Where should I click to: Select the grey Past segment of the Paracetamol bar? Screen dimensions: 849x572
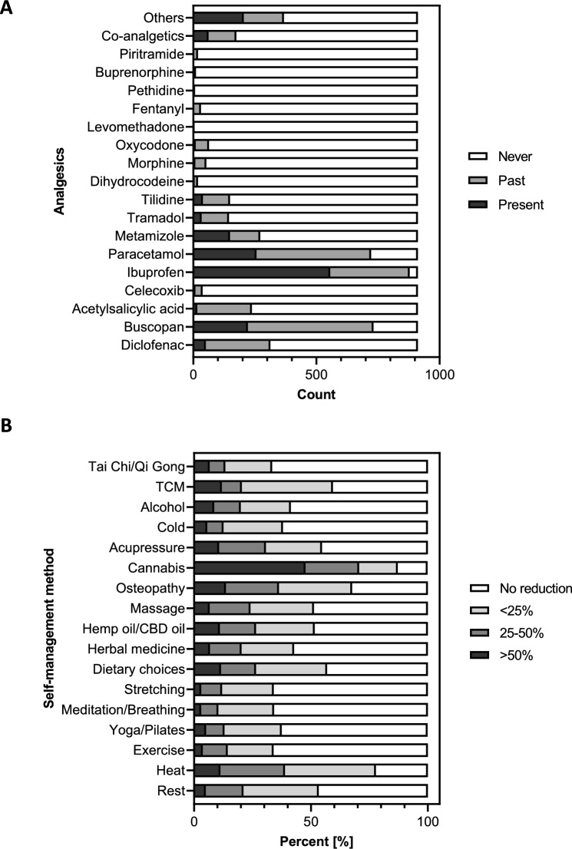[x=312, y=253]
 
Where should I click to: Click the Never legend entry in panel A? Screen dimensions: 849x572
[x=503, y=156]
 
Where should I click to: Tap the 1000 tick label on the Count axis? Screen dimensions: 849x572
[x=439, y=377]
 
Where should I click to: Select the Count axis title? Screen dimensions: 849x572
[x=316, y=395]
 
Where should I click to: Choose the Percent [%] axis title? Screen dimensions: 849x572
[x=310, y=840]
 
